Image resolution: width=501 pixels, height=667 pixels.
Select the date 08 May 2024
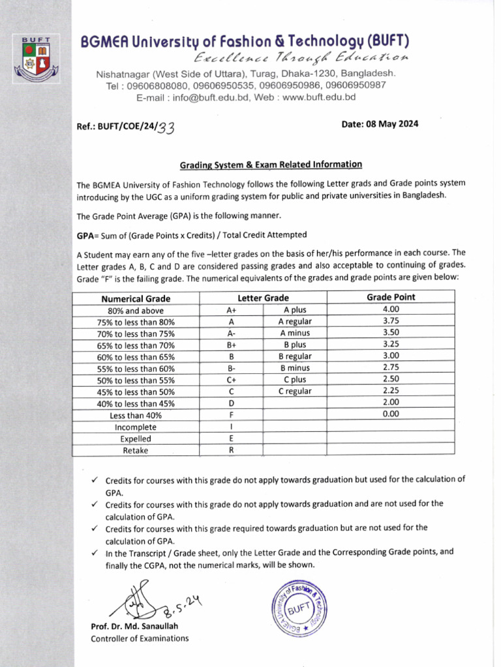(380, 124)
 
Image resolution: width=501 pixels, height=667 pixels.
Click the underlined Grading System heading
(271, 165)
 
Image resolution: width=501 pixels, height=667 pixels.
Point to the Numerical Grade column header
(136, 298)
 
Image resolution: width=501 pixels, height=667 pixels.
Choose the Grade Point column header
(391, 297)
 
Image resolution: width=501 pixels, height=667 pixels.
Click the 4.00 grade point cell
(391, 309)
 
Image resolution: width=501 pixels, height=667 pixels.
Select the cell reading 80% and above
(136, 310)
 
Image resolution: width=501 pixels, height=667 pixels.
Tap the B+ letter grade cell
(231, 345)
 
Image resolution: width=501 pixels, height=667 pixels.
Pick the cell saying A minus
(295, 333)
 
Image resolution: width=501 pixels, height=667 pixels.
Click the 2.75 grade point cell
(391, 368)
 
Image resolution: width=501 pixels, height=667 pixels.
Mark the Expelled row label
(136, 438)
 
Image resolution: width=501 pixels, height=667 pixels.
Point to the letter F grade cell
(231, 415)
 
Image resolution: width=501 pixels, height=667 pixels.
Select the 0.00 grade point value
(391, 414)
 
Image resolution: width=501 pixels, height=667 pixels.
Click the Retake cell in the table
(136, 450)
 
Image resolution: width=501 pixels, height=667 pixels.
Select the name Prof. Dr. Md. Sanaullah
(134, 627)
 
